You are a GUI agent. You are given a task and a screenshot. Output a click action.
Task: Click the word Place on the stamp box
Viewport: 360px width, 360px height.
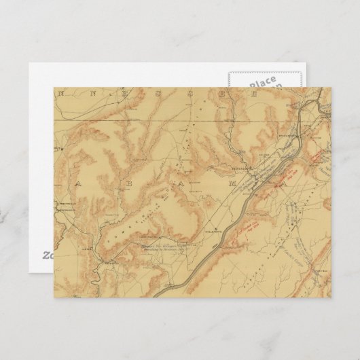pyautogui.click(x=262, y=80)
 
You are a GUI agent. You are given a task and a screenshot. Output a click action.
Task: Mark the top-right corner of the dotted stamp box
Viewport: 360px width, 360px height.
pyautogui.click(x=302, y=68)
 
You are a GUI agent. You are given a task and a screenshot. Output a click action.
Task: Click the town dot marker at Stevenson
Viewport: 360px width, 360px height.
pyautogui.click(x=247, y=168)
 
